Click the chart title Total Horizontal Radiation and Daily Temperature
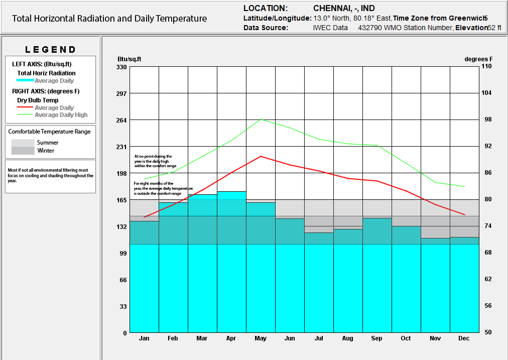pyautogui.click(x=109, y=19)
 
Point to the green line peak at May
pyautogui.click(x=261, y=119)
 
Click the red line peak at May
pyautogui.click(x=261, y=156)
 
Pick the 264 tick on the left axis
pyautogui.click(x=121, y=120)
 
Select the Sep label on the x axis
pyautogui.click(x=376, y=339)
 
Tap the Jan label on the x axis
pyautogui.click(x=144, y=339)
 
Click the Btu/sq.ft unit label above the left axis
pyautogui.click(x=129, y=59)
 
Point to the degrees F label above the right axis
pyautogui.click(x=478, y=59)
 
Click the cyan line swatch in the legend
pyautogui.click(x=25, y=80)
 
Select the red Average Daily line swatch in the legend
pyautogui.click(x=25, y=107)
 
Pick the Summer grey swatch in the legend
pyautogui.click(x=23, y=143)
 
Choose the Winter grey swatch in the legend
pyautogui.click(x=23, y=151)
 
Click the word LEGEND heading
pyautogui.click(x=50, y=50)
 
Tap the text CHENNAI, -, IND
pyautogui.click(x=344, y=9)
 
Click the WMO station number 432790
pyautogui.click(x=369, y=28)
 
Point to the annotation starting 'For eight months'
pyautogui.click(x=163, y=188)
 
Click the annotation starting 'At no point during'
pyautogui.click(x=155, y=161)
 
